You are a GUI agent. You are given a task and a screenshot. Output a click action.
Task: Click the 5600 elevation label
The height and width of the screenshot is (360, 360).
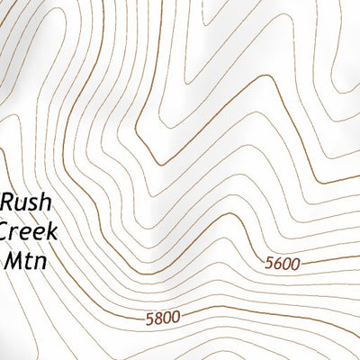(x=283, y=263)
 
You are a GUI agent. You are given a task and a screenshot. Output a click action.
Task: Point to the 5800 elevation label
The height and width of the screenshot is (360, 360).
(x=162, y=316)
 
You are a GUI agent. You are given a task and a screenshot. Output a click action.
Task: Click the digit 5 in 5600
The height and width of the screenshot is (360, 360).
(x=271, y=265)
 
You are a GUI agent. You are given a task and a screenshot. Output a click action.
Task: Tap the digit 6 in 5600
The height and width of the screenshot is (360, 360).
(x=279, y=264)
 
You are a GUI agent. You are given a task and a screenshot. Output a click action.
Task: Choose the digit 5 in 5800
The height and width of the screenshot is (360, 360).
(x=148, y=317)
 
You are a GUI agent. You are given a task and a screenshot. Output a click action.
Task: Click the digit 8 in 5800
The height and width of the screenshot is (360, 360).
(x=157, y=317)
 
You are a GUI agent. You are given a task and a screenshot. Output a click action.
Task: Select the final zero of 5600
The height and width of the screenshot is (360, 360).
(x=296, y=262)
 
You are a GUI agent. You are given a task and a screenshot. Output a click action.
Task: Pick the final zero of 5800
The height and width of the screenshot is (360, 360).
(x=175, y=316)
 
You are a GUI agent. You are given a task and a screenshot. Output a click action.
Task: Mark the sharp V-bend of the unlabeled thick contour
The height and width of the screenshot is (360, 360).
(x=159, y=164)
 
